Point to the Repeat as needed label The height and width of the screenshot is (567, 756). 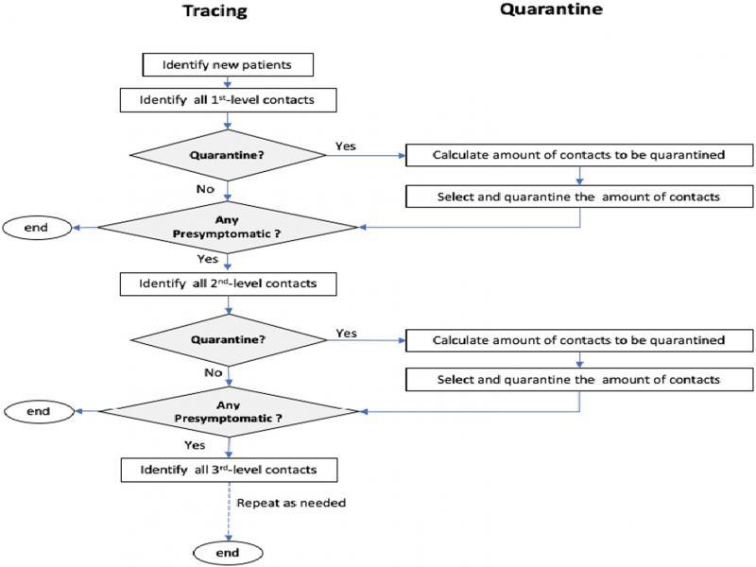click(291, 503)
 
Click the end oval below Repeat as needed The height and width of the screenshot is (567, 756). click(227, 553)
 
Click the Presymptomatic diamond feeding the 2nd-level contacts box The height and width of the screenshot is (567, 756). click(228, 227)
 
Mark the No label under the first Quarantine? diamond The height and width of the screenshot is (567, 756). click(206, 189)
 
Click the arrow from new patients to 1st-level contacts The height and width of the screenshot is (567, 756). click(227, 82)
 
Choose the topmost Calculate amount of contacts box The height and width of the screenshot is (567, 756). click(578, 156)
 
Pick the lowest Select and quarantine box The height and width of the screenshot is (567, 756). click(578, 379)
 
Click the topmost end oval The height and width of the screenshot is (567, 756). click(38, 227)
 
